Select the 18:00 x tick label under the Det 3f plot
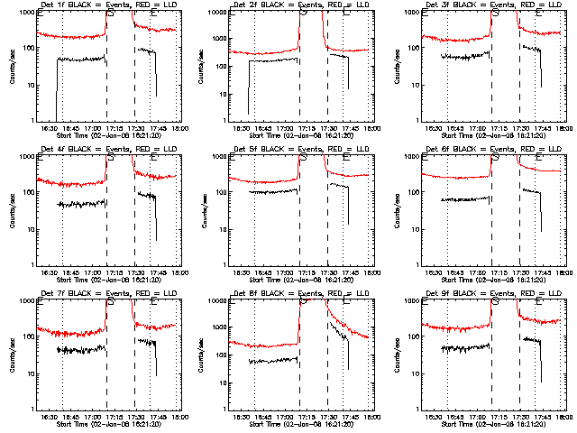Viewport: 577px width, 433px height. pyautogui.click(x=563, y=128)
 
